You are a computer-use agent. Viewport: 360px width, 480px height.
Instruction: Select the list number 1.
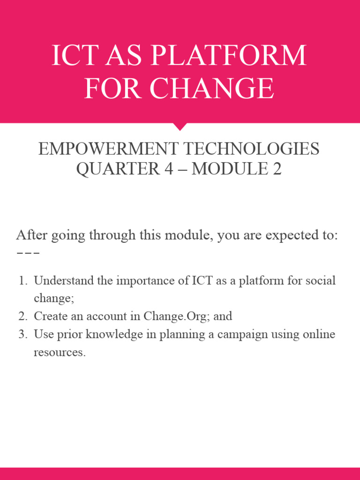22,281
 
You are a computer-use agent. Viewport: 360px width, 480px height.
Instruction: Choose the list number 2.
22,316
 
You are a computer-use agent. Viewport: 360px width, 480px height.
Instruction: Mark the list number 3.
22,335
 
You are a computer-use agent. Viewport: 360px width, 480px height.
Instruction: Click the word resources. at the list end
60,352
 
